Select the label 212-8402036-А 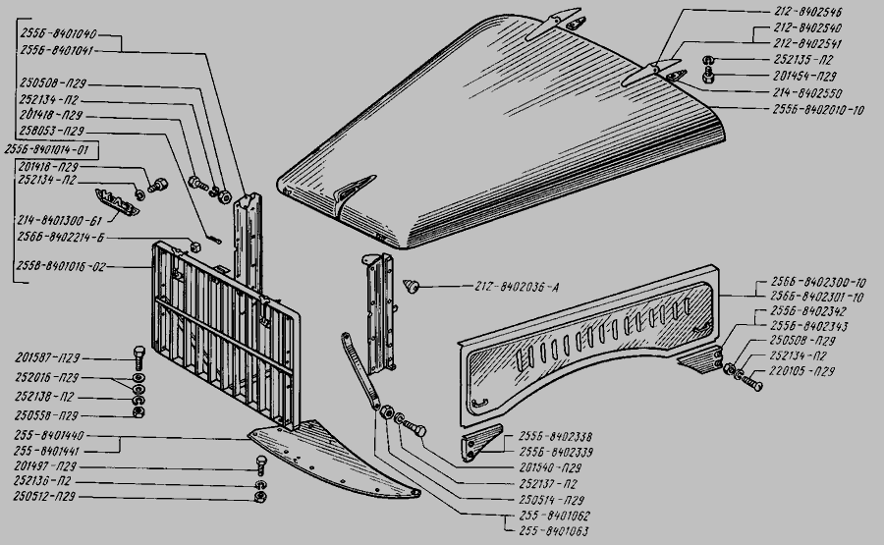tap(510, 288)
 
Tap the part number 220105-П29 tap(803, 371)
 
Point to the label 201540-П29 tap(556, 469)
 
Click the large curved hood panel tap(511, 128)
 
